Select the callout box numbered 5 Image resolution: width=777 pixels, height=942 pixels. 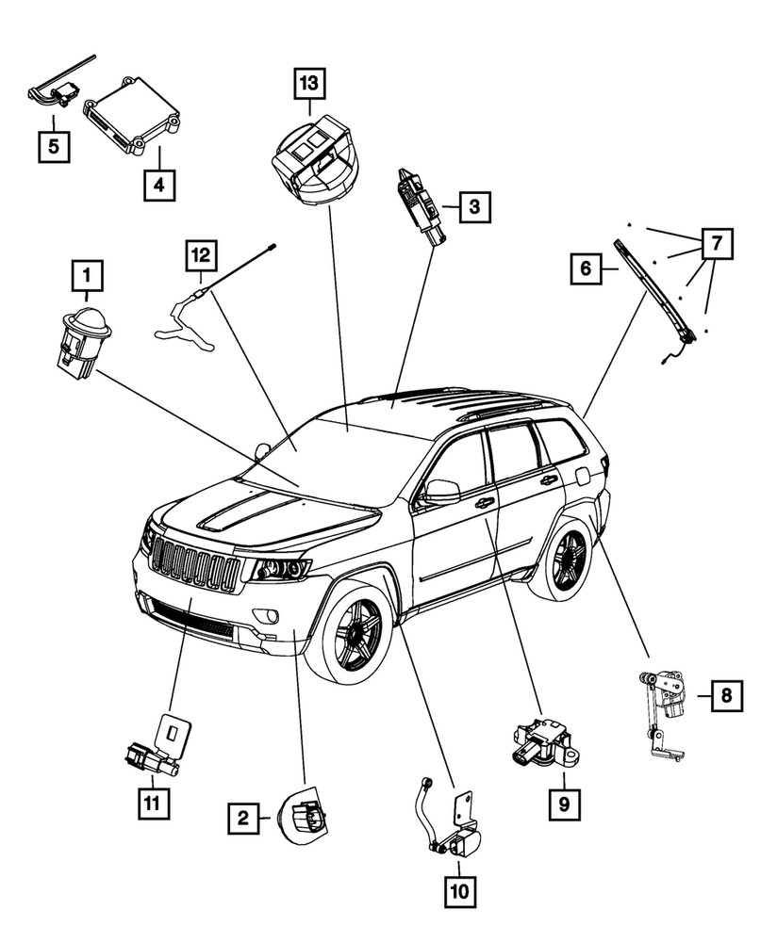point(54,147)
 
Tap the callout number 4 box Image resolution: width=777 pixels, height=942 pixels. point(159,187)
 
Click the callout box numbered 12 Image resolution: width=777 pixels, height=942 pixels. point(201,254)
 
